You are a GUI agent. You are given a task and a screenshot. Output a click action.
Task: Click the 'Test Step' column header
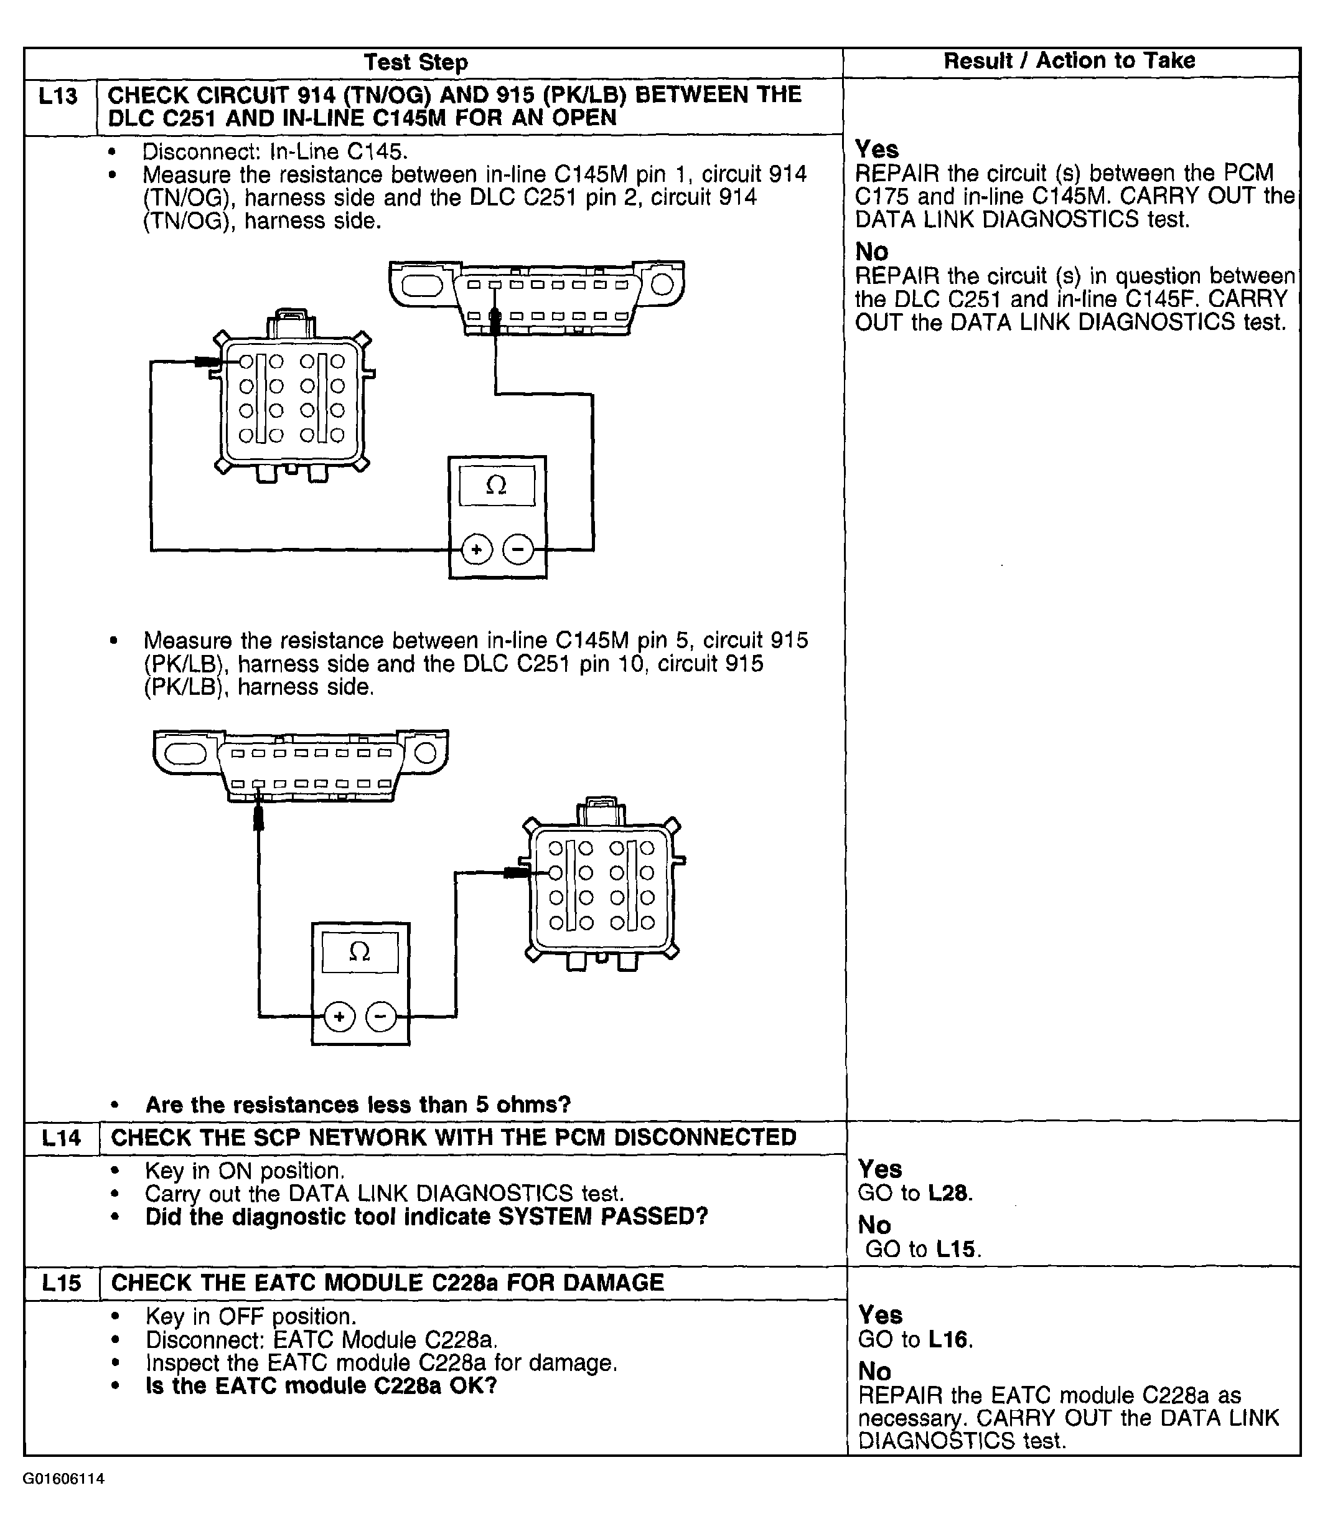(x=416, y=63)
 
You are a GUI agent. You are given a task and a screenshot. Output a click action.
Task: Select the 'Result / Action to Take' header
(x=1069, y=60)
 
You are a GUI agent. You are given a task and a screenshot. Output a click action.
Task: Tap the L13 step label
(x=59, y=96)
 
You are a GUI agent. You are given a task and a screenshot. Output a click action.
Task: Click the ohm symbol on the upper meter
(x=496, y=485)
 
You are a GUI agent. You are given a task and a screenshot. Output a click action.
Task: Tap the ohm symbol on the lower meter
(x=359, y=952)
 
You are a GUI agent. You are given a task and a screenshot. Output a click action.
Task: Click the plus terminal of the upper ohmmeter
(x=477, y=550)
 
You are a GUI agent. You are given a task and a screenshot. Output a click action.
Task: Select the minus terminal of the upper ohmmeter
(x=518, y=550)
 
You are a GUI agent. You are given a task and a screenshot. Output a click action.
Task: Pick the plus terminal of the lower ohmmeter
(x=339, y=1016)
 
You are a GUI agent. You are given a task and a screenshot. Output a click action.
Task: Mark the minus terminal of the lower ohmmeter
(x=380, y=1016)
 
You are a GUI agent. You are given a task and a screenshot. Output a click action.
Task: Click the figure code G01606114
(x=63, y=1479)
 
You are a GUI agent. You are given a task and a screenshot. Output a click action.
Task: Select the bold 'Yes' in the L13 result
(x=877, y=149)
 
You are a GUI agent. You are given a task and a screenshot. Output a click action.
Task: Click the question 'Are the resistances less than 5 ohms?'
(x=358, y=1105)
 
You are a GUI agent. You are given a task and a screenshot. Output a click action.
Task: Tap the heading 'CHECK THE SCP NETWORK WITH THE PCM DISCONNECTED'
(x=453, y=1138)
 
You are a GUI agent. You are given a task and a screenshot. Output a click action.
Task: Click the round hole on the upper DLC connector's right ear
(x=662, y=285)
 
